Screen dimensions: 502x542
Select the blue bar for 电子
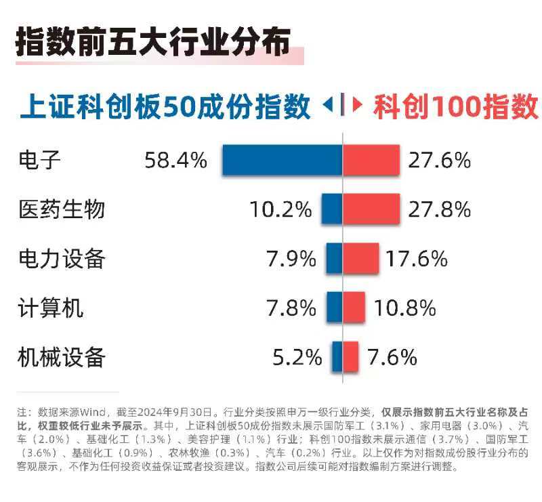(x=282, y=161)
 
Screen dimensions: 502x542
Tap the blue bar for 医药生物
(x=331, y=209)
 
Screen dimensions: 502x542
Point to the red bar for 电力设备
(x=360, y=259)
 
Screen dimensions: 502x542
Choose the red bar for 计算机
(x=354, y=308)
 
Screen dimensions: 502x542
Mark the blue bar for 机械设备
(x=337, y=356)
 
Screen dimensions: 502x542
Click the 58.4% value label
(x=175, y=161)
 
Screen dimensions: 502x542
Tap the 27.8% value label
(x=439, y=209)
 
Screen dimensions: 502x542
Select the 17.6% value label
(x=417, y=259)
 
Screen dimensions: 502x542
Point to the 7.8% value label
(x=291, y=308)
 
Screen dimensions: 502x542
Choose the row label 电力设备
(x=62, y=259)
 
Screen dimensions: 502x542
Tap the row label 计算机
(x=51, y=308)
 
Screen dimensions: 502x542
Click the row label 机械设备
(x=62, y=357)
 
